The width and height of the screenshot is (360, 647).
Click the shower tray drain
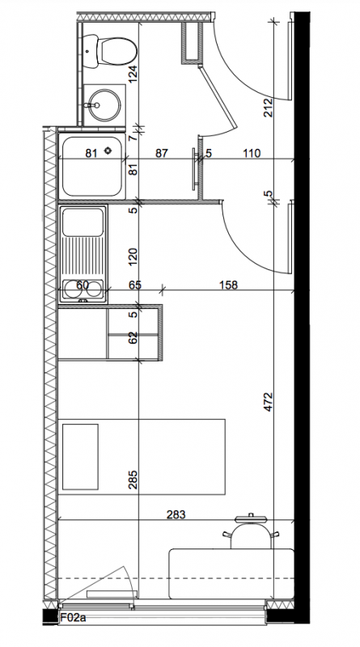108,150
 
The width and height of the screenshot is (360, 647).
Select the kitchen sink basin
83,222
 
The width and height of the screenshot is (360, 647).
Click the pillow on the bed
81,457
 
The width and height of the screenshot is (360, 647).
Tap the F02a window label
73,618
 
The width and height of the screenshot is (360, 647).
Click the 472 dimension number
269,401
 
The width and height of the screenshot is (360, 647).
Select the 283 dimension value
176,514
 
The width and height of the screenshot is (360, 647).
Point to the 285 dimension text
133,480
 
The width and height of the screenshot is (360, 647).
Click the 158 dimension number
228,285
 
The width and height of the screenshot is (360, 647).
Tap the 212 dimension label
269,108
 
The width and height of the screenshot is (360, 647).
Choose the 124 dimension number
133,74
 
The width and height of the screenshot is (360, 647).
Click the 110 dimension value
252,154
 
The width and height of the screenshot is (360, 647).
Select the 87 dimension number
162,154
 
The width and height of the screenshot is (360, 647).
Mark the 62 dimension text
133,337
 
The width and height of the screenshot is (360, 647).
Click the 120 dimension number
133,256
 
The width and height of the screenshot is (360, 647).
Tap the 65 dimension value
135,285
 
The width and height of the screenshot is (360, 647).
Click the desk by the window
231,573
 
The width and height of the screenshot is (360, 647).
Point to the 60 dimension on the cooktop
83,285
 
